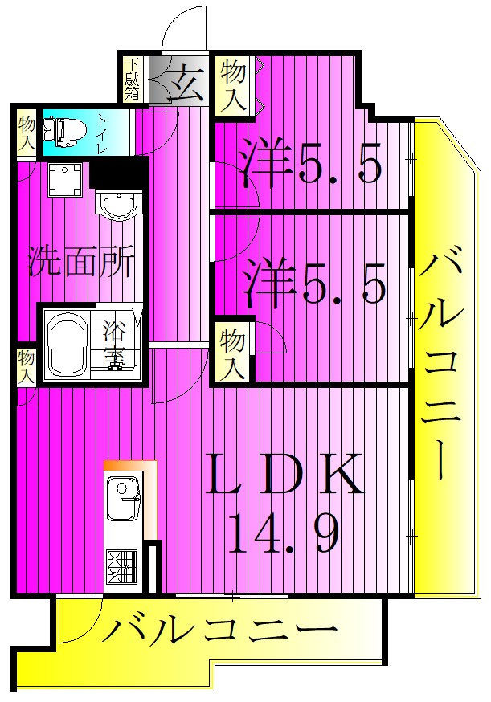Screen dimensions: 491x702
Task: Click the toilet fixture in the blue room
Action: [x=65, y=131]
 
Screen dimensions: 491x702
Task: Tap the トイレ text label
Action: [x=102, y=133]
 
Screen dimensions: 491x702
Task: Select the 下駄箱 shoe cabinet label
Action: [x=133, y=79]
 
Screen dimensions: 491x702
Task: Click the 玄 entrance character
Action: [x=186, y=83]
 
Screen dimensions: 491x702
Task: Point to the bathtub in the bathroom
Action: [x=67, y=345]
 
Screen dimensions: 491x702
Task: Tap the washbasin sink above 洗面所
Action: [x=119, y=204]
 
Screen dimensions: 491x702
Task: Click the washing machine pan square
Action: [x=65, y=180]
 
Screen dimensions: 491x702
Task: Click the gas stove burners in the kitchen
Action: [x=121, y=567]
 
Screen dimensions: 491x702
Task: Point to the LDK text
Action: [x=284, y=474]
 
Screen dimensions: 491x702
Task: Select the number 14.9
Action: [x=284, y=533]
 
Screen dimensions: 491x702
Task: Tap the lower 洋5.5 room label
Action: [x=314, y=284]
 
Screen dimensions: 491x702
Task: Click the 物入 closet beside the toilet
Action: [x=27, y=134]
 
